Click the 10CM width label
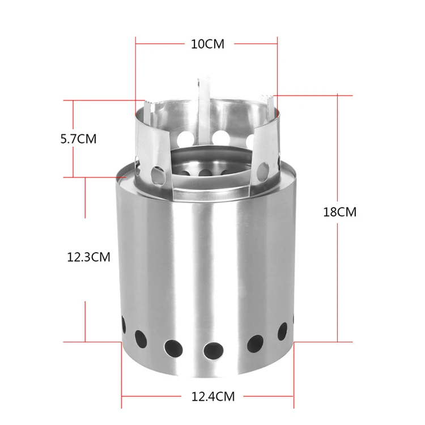coord(207,44)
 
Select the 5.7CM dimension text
coord(79,138)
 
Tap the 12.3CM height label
coord(88,257)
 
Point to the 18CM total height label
coord(339,212)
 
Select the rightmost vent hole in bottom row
coord(292,325)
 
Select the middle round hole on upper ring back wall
coord(216,137)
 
